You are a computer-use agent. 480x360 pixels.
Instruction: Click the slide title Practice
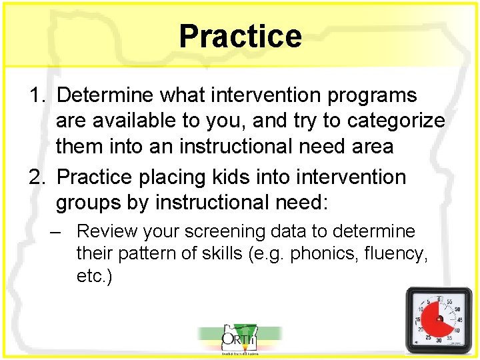(240, 36)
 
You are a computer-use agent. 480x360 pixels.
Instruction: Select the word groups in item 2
(89, 203)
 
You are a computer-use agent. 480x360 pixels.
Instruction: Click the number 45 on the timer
(458, 319)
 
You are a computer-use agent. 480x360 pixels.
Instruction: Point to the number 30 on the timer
(439, 341)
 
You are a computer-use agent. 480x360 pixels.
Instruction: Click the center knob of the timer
(440, 319)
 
